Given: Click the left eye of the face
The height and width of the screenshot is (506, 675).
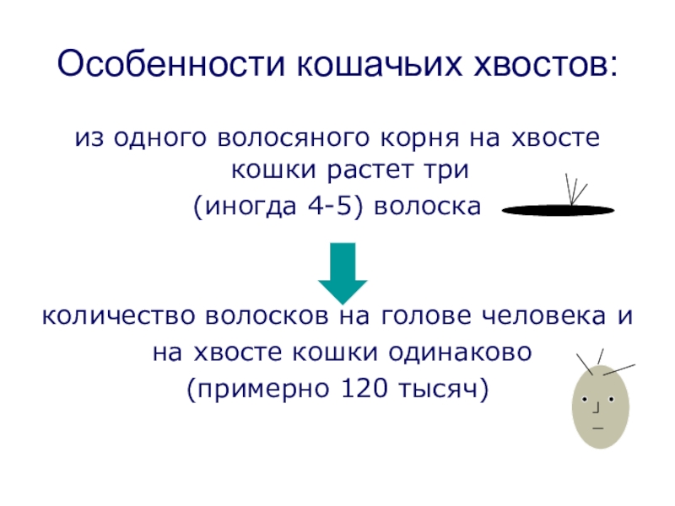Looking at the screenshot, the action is click(x=586, y=398).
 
